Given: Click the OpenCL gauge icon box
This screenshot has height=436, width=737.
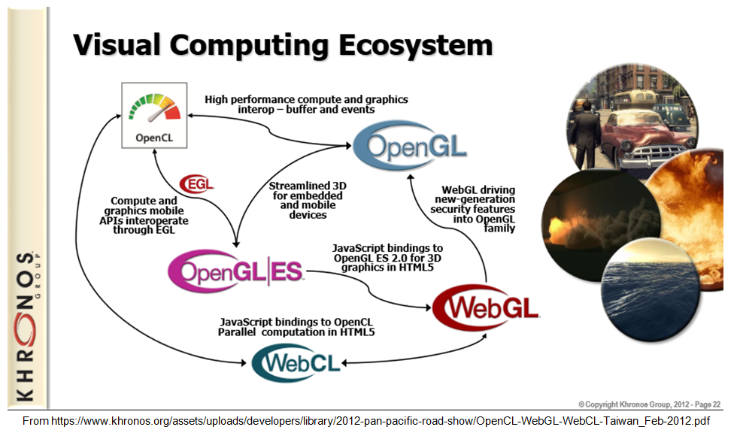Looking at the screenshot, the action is pyautogui.click(x=154, y=115).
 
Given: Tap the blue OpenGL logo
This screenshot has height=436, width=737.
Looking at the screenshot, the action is pyautogui.click(x=410, y=145).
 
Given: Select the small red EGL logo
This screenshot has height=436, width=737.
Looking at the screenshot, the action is pyautogui.click(x=197, y=183).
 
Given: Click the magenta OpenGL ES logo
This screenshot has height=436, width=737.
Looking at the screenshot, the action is pyautogui.click(x=235, y=271).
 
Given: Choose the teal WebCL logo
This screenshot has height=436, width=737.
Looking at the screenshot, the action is pyautogui.click(x=296, y=362).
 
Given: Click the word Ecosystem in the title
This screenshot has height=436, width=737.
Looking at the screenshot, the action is pyautogui.click(x=415, y=45).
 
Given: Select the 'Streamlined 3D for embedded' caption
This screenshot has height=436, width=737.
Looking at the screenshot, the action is pyautogui.click(x=308, y=200).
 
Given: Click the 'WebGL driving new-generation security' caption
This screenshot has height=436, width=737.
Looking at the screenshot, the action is pyautogui.click(x=473, y=209).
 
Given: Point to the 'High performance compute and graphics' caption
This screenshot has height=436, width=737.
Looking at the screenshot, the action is pyautogui.click(x=306, y=104).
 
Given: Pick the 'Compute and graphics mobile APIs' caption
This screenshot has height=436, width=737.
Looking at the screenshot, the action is pyautogui.click(x=144, y=215).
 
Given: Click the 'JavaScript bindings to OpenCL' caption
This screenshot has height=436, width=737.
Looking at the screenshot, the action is pyautogui.click(x=296, y=327).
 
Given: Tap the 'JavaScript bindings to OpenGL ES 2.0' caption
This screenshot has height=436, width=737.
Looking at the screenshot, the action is pyautogui.click(x=387, y=257).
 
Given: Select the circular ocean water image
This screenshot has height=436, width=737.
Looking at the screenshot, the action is pyautogui.click(x=651, y=289).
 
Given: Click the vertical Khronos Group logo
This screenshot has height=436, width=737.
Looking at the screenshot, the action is pyautogui.click(x=27, y=326).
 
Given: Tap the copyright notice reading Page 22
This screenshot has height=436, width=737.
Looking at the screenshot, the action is pyautogui.click(x=649, y=404).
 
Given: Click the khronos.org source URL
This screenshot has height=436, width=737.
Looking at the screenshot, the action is pyautogui.click(x=366, y=420).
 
